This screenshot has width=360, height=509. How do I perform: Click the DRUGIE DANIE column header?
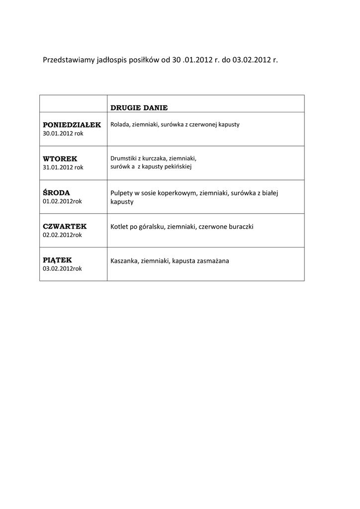pos(139,107)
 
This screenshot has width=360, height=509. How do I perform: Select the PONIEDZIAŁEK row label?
pos(72,124)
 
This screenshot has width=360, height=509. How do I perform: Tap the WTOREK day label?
pos(60,159)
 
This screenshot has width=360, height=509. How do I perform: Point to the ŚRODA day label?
pos(56,192)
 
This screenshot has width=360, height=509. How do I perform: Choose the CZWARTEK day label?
pos(65,226)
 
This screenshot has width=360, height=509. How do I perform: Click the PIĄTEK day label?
pos(57,259)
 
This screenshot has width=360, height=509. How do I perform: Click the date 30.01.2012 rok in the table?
pos(63,133)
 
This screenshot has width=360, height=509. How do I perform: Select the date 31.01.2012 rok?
pos(63,167)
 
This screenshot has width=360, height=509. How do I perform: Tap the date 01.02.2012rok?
pos(62,201)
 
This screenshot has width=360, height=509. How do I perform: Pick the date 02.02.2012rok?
pos(62,235)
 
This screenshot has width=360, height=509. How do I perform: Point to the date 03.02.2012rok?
pos(62,268)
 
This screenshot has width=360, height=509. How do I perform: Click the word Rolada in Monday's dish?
pos(120,124)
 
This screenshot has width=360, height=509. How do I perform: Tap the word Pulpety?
pos(122,193)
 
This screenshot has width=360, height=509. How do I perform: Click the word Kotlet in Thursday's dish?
pos(119,227)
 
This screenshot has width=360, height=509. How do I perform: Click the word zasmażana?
pos(213,260)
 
